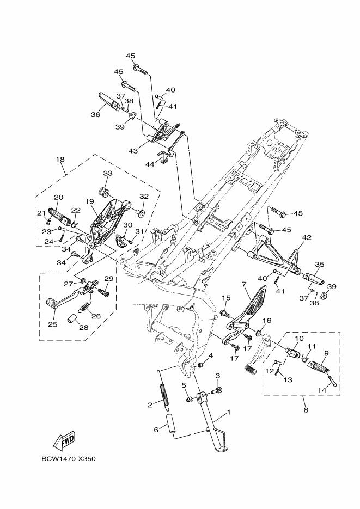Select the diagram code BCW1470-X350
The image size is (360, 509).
[x=68, y=458]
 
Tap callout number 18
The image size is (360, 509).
[x=60, y=160]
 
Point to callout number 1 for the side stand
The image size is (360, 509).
[x=229, y=413]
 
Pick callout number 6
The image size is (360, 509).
[x=156, y=430]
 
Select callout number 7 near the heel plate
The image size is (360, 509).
[x=245, y=284]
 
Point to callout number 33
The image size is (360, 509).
[x=107, y=174]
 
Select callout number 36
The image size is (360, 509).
[x=95, y=115]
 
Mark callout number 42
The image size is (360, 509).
[x=307, y=237]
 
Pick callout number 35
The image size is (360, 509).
[x=320, y=264]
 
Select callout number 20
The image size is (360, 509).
[x=58, y=197]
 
